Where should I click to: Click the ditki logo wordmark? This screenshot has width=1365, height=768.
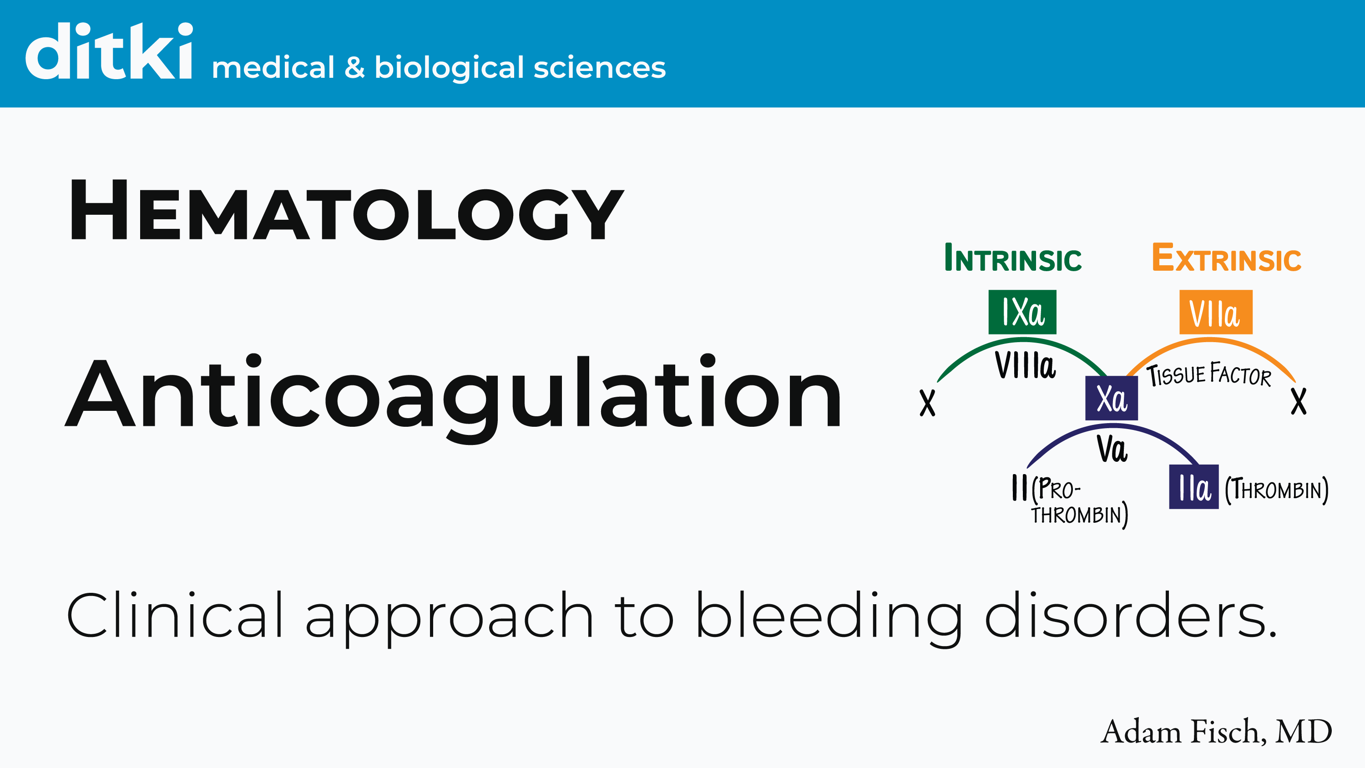(109, 52)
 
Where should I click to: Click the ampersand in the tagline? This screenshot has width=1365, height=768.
(354, 68)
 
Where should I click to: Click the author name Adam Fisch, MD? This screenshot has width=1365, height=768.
(1216, 732)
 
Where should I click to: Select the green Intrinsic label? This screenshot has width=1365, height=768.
(1013, 258)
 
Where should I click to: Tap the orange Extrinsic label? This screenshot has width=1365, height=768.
(1227, 258)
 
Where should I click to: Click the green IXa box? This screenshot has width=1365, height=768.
(1022, 312)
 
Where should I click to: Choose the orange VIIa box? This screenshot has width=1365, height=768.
(1216, 313)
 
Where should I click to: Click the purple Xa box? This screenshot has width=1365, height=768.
(1111, 398)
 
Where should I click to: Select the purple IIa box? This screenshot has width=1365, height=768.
(1194, 487)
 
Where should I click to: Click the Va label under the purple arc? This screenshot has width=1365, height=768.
(1112, 449)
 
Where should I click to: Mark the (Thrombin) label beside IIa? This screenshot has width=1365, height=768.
(1277, 489)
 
